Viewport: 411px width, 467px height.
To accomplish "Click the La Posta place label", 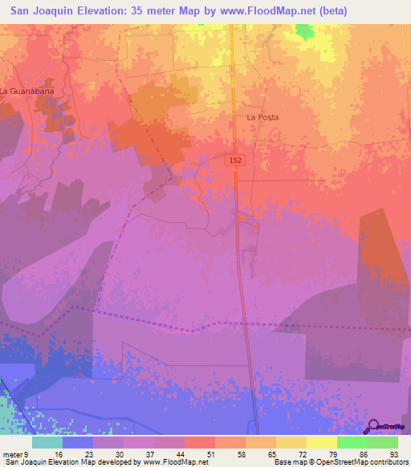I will [x=262, y=117].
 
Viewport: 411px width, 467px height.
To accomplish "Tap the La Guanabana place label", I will [x=27, y=91].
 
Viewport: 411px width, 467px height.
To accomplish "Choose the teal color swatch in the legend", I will [x=47, y=442].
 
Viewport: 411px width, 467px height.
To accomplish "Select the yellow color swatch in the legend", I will [x=321, y=442].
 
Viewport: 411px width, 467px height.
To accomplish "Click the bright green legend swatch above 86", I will [x=352, y=442].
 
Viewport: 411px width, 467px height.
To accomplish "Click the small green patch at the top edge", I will [x=304, y=31].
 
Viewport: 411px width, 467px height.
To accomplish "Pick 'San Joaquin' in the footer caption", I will [x=23, y=462].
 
